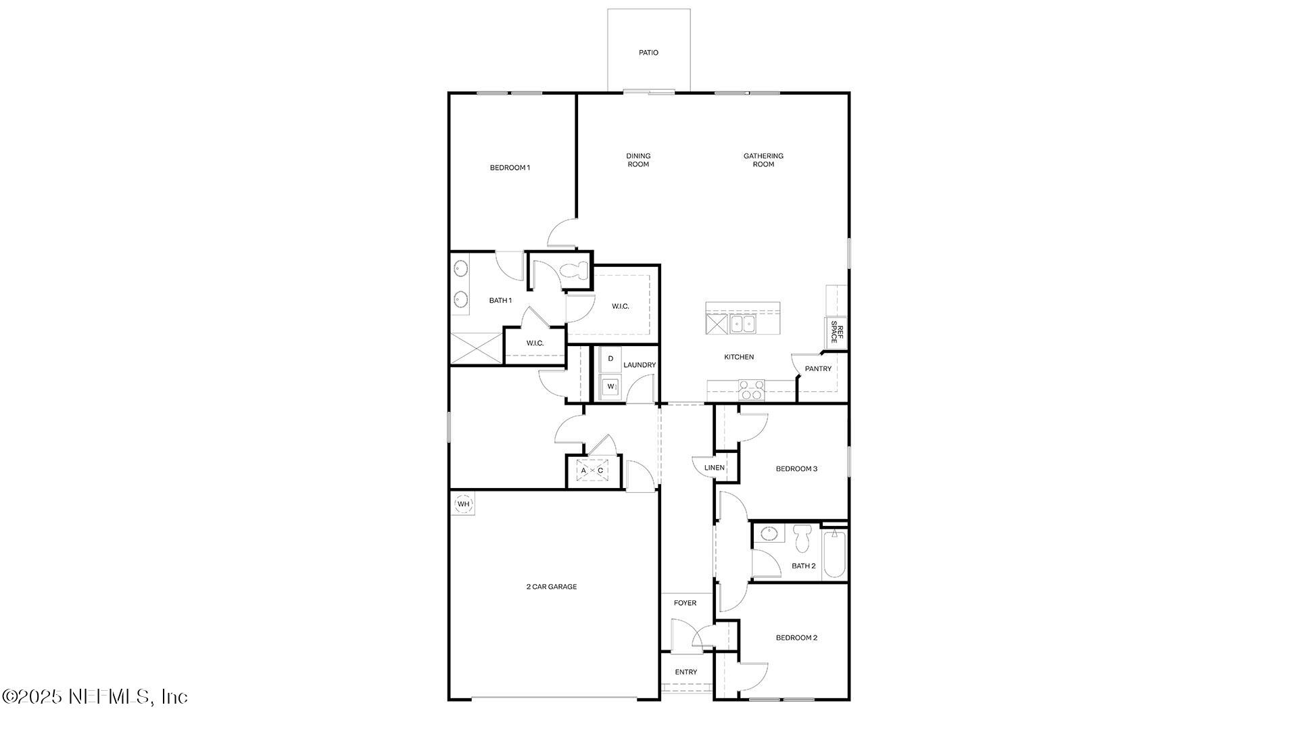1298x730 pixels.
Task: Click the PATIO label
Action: point(648,53)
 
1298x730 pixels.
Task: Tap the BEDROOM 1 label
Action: point(510,168)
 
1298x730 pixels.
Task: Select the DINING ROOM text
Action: point(638,160)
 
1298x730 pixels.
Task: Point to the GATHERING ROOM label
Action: point(763,160)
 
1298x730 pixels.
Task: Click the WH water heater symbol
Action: point(463,504)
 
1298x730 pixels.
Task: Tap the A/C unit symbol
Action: point(592,470)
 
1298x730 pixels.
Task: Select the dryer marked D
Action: point(610,359)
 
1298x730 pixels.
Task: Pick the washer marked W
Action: point(610,387)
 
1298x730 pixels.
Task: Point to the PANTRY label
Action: point(818,369)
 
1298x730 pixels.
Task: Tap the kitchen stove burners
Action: point(750,390)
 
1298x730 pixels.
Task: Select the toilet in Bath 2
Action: point(802,537)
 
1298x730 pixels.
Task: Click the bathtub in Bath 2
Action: point(834,554)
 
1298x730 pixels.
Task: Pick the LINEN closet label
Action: point(715,468)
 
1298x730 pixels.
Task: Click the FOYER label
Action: point(685,603)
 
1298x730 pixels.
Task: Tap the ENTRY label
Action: point(686,672)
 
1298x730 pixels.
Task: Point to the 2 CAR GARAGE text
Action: point(552,587)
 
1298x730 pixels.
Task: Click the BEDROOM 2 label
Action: point(796,637)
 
